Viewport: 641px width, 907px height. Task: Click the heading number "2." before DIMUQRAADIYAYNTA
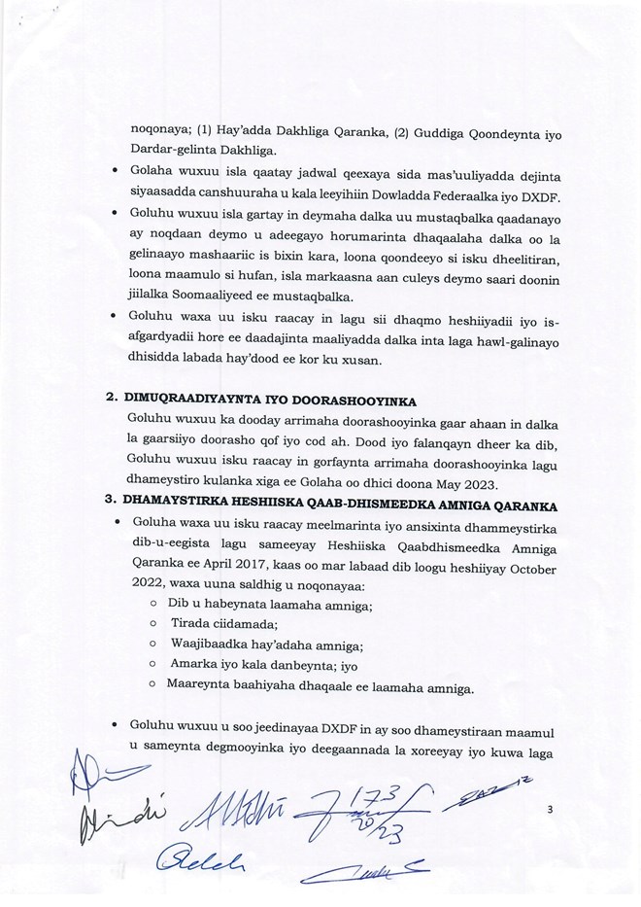click(x=112, y=400)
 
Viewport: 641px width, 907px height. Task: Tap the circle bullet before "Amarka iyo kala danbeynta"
click(x=155, y=667)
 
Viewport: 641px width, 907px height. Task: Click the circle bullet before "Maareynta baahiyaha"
click(x=155, y=689)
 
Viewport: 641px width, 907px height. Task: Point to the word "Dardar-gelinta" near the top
click(x=175, y=150)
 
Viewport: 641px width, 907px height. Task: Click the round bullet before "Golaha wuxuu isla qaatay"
click(x=116, y=173)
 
